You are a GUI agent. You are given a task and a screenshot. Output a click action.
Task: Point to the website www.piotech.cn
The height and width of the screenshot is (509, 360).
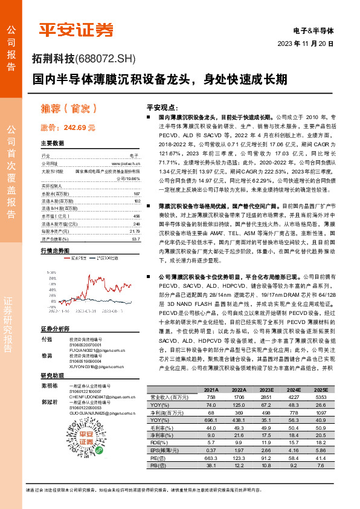point(126,164)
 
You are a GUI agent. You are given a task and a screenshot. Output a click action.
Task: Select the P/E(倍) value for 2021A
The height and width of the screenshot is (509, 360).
point(211,459)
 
